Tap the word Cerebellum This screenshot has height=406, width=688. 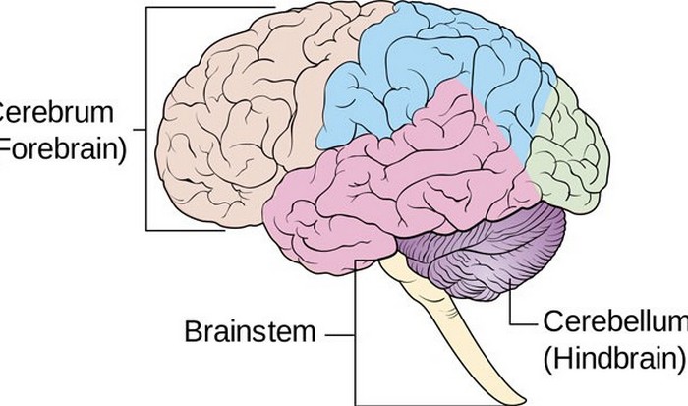coord(611,321)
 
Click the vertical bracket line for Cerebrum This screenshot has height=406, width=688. coord(146,118)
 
